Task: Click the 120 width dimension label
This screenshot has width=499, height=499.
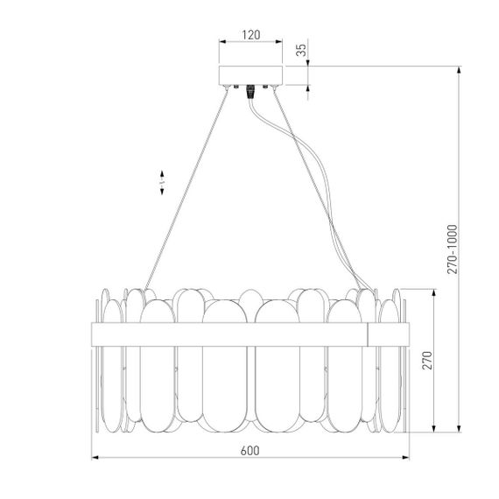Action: click(x=250, y=35)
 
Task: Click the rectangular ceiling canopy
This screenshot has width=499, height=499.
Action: click(x=250, y=75)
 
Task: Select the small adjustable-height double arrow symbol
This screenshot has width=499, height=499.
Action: click(x=162, y=182)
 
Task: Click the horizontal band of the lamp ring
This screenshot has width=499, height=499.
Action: click(x=228, y=334)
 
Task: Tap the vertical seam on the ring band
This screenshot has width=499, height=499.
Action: click(x=369, y=334)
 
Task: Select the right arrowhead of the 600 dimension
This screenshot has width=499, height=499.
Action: click(x=407, y=458)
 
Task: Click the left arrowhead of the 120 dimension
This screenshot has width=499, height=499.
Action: click(x=220, y=42)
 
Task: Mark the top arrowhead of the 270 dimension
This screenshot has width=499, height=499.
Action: click(x=434, y=291)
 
